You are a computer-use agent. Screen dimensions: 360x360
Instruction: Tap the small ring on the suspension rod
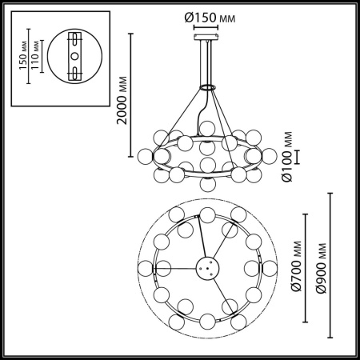[x=208, y=86]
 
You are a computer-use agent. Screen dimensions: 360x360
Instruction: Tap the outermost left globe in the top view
[x=145, y=266]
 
